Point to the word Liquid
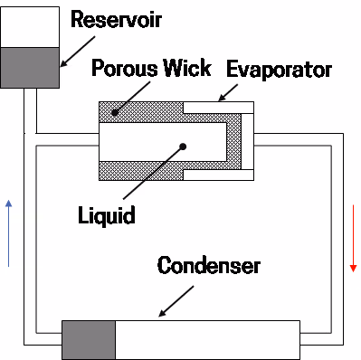[x=108, y=215]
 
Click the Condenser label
[x=209, y=267]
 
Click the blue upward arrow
[x=9, y=232]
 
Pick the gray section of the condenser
[x=88, y=339]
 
